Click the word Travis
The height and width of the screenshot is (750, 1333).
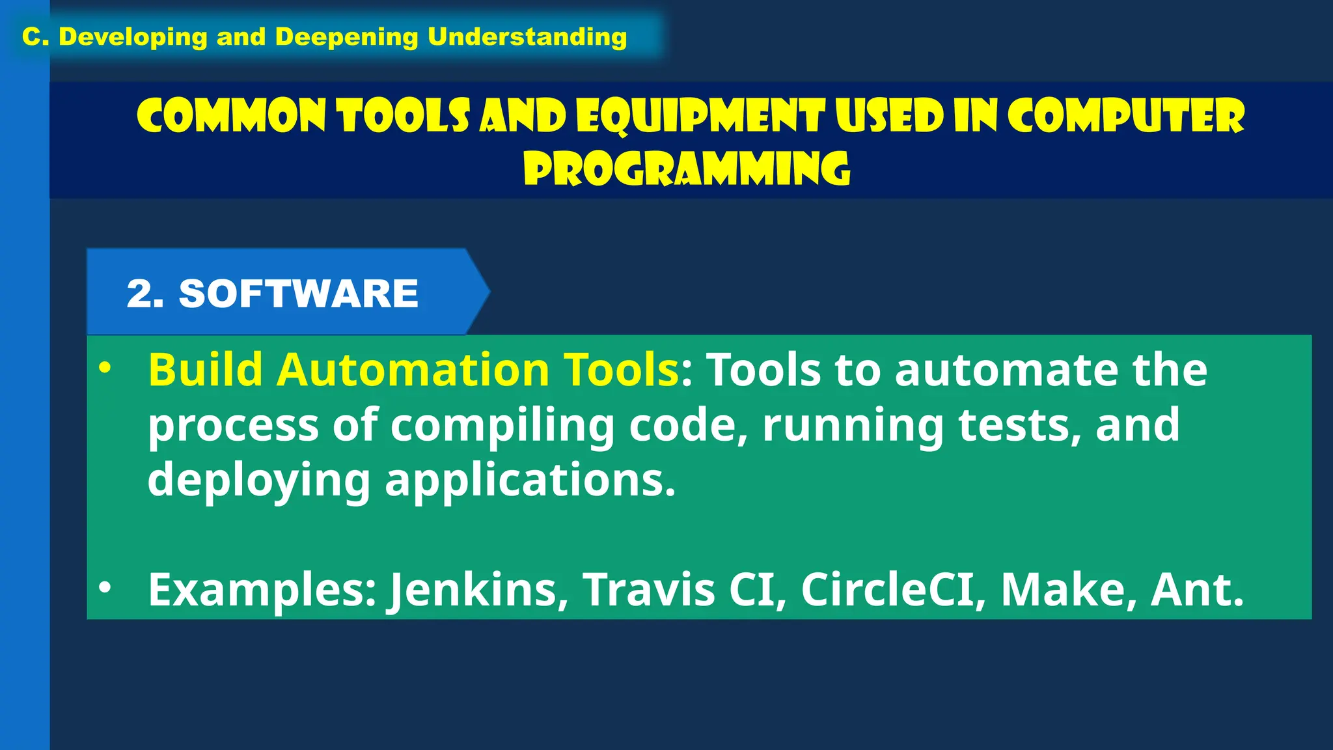tap(648, 590)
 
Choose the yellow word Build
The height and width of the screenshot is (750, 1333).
tap(205, 370)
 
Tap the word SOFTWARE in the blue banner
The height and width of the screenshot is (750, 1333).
tap(299, 293)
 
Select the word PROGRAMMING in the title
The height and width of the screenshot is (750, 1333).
tap(687, 169)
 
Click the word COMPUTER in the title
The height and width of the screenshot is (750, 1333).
tap(1126, 117)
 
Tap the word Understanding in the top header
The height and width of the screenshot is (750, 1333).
tap(527, 37)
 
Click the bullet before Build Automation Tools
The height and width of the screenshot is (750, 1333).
tap(105, 368)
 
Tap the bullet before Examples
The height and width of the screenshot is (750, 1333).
tap(105, 588)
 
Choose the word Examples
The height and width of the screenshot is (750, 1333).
tap(262, 590)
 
